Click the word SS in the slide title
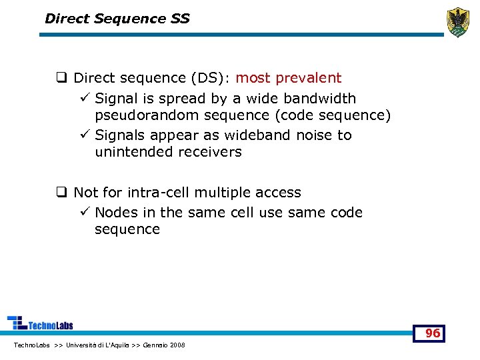click(x=179, y=19)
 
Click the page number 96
click(x=433, y=333)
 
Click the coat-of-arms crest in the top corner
click(x=457, y=22)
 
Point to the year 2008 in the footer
click(x=177, y=345)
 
